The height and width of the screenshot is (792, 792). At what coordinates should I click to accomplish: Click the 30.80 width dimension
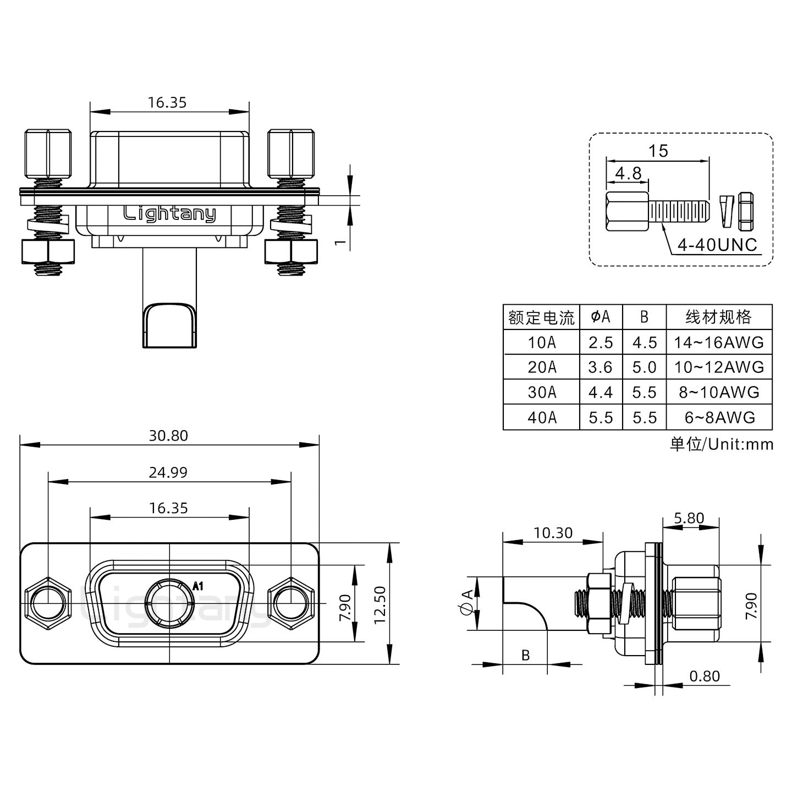[x=168, y=436]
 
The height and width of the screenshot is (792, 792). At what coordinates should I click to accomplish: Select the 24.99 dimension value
[x=168, y=472]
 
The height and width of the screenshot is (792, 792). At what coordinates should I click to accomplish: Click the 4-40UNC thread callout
[x=717, y=245]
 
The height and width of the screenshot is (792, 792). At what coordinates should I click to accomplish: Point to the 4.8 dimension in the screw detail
[x=628, y=174]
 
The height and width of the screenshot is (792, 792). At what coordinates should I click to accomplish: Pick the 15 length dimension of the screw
[x=658, y=151]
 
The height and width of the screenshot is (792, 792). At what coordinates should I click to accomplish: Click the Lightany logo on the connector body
[x=169, y=213]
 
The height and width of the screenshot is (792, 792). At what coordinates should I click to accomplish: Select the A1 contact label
[x=198, y=586]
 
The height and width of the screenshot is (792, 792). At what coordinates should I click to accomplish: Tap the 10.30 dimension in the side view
[x=553, y=532]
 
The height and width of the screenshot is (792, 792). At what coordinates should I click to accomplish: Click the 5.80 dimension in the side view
[x=689, y=518]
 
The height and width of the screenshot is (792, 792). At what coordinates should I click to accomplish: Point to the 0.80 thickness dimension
[x=704, y=676]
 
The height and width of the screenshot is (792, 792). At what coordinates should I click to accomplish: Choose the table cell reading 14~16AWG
[x=719, y=343]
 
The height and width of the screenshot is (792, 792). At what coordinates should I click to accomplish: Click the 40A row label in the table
[x=542, y=417]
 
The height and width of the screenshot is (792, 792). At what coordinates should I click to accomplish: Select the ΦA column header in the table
[x=601, y=317]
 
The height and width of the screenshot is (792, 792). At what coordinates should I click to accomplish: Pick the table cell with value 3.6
[x=601, y=367]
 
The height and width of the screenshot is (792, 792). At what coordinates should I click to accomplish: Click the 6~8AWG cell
[x=719, y=417]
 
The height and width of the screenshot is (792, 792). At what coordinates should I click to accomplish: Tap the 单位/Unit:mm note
[x=721, y=444]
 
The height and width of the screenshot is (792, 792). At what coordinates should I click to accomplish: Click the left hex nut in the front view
[x=48, y=603]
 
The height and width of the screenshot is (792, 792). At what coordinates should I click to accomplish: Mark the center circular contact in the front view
[x=169, y=603]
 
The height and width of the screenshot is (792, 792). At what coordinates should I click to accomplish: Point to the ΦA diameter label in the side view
[x=466, y=603]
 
